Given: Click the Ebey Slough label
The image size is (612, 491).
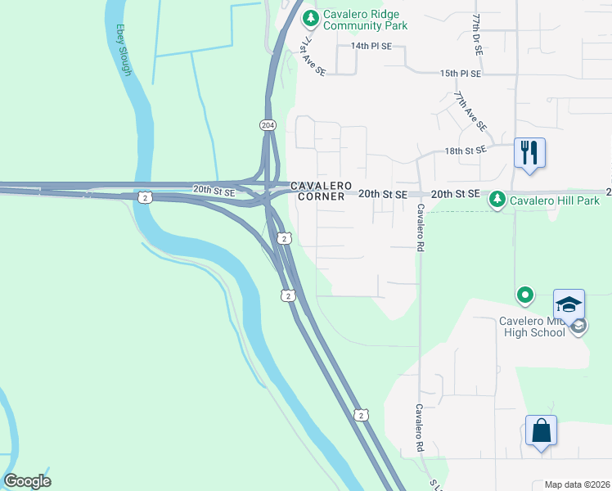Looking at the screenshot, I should (124, 50).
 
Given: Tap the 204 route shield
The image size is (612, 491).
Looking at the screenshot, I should (268, 125).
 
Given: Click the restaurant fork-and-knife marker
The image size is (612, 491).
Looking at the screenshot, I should (529, 152).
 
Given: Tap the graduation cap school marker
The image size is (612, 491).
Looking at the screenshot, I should (569, 305).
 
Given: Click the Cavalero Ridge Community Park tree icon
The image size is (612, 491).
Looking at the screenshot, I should (310, 17).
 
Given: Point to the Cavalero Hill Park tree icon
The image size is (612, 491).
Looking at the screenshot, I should (496, 199).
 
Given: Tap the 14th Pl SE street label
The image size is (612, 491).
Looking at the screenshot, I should (371, 47).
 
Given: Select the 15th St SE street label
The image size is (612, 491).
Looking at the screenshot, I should (460, 74).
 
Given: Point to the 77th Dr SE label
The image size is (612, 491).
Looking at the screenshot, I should (477, 34).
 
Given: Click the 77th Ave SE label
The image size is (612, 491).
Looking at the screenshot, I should (471, 111).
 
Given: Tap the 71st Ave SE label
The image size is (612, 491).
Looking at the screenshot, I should (313, 56).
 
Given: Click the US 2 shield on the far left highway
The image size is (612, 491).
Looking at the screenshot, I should (144, 197).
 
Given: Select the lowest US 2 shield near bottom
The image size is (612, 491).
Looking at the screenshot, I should (361, 416).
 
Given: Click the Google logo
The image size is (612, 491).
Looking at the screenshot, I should (27, 481).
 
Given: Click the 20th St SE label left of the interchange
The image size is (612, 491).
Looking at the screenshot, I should (214, 191).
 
